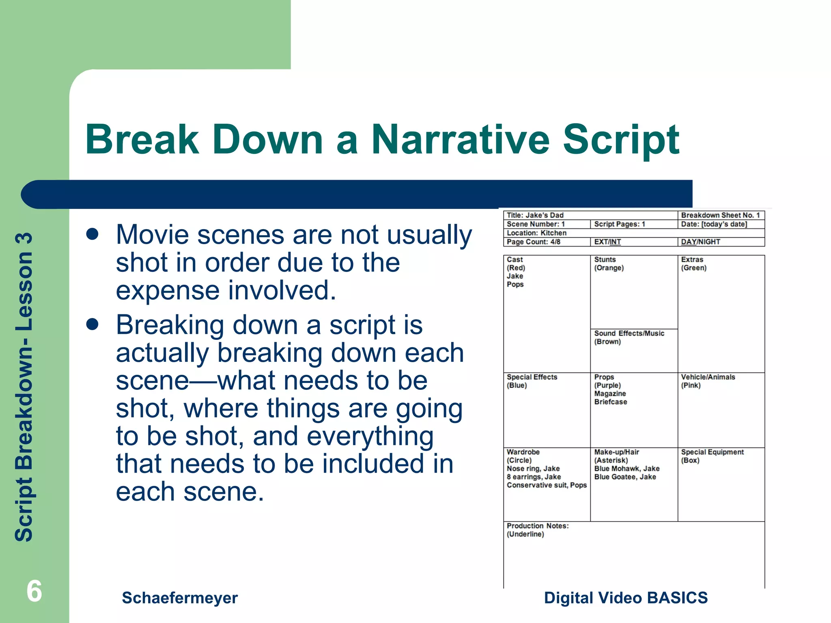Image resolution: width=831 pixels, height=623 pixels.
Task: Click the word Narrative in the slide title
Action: point(460,140)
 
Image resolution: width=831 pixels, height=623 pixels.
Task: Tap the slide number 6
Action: point(34,591)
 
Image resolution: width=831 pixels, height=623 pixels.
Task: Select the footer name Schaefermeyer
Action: point(180,598)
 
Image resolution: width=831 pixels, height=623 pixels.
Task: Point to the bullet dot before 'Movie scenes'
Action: point(93,234)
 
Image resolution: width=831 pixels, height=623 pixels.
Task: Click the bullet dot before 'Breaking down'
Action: point(93,324)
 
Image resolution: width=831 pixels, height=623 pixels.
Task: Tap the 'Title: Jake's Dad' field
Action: point(535,215)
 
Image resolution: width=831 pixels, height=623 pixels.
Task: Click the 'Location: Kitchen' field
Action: point(536,233)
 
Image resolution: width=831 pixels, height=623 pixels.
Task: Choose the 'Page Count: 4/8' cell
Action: point(533,242)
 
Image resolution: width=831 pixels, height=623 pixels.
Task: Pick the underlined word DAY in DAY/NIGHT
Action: point(688,242)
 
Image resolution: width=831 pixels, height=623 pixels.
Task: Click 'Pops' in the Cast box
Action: point(515,284)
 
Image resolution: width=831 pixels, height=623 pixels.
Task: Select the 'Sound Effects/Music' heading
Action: point(629,333)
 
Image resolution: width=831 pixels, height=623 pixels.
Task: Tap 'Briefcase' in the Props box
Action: point(610,402)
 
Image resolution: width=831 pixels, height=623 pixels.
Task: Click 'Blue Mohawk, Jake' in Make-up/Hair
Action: point(626,468)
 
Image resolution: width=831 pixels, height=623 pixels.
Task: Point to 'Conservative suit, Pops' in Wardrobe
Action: point(546,485)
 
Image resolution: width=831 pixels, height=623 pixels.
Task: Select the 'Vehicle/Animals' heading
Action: point(708,377)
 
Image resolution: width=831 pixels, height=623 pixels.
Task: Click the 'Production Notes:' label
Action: point(537,526)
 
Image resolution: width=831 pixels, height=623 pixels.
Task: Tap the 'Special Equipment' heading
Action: point(712,452)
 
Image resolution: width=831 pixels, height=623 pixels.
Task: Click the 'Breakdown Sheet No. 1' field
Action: point(720,215)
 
